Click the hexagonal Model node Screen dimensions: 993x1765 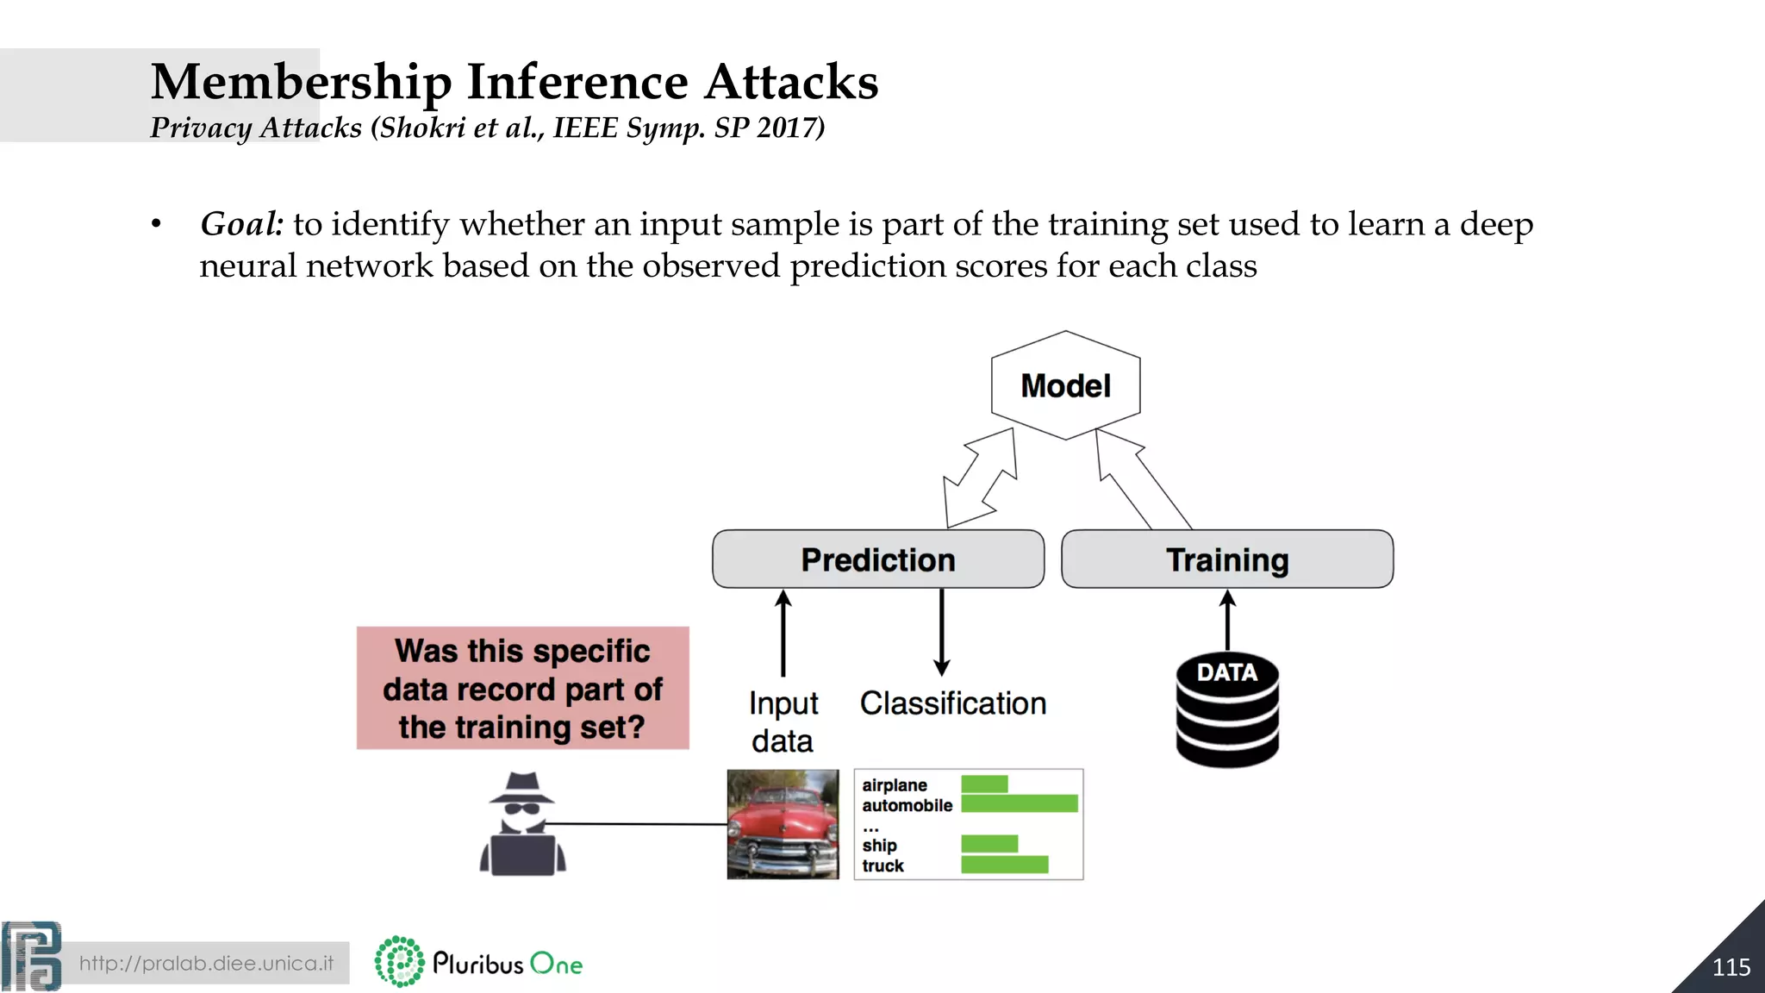pyautogui.click(x=1066, y=385)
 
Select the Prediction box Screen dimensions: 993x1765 pyautogui.click(x=877, y=559)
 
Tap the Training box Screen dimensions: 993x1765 pyautogui.click(x=1226, y=559)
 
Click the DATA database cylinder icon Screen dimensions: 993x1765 pyautogui.click(x=1227, y=710)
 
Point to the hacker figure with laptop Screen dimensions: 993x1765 pyautogui.click(x=522, y=825)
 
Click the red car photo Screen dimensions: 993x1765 pyautogui.click(x=783, y=824)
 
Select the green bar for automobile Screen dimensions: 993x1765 pyautogui.click(x=1019, y=803)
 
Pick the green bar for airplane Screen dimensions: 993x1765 pyautogui.click(x=984, y=784)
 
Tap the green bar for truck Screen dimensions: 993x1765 pyautogui.click(x=1004, y=864)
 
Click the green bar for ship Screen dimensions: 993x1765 pyautogui.click(x=989, y=844)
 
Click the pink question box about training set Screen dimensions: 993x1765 pyautogui.click(x=522, y=688)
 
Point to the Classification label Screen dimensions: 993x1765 pyautogui.click(x=952, y=703)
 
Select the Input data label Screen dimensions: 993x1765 pyautogui.click(x=783, y=721)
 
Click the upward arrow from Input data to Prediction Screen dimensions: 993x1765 pyautogui.click(x=783, y=633)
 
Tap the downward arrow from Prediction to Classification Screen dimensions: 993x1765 pyautogui.click(x=941, y=633)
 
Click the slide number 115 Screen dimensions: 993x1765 pyautogui.click(x=1731, y=967)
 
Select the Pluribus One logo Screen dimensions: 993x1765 pyautogui.click(x=479, y=962)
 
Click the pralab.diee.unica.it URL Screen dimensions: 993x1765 pyautogui.click(x=206, y=963)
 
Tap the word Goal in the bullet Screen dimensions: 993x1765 pyautogui.click(x=241, y=224)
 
